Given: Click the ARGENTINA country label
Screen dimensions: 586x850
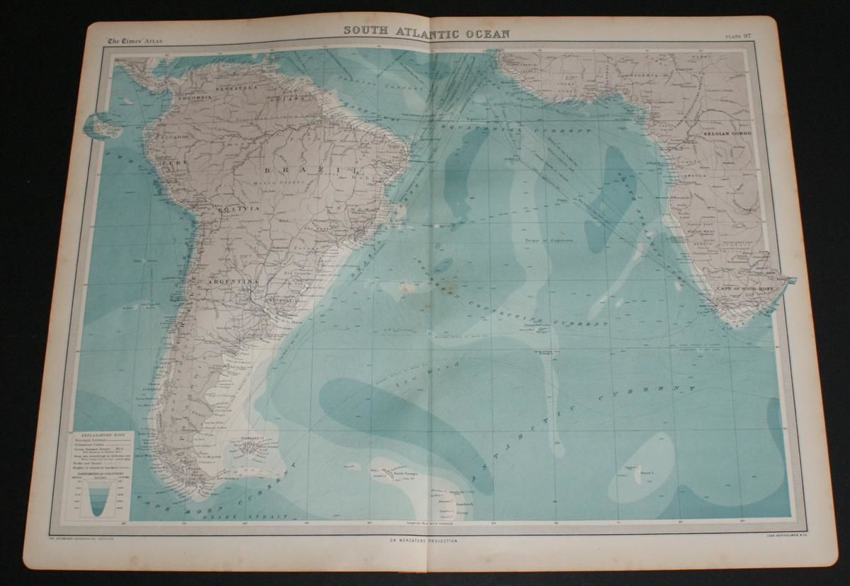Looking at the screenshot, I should click(x=231, y=282).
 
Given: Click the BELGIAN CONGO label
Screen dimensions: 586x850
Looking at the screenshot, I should click(x=721, y=132).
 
